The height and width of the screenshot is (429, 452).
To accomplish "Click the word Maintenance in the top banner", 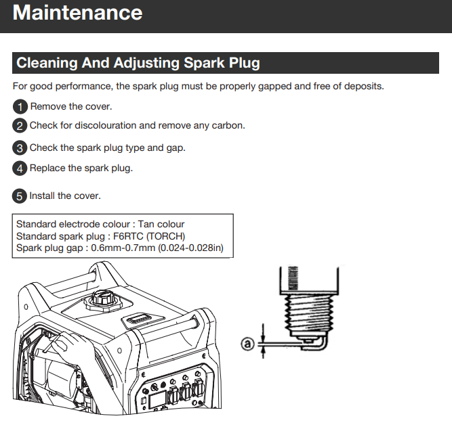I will tap(77, 13).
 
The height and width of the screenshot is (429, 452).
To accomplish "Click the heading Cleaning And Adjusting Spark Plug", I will tap(138, 64).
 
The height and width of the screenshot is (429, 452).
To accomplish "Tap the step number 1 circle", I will tap(20, 107).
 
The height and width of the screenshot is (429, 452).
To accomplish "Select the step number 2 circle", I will tap(20, 126).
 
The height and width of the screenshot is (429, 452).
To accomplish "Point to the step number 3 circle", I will tap(20, 148).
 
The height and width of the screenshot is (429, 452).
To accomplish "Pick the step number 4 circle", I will tap(20, 168).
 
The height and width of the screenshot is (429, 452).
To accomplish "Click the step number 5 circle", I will tap(20, 196).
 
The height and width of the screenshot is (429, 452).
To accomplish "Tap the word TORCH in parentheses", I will tap(167, 236).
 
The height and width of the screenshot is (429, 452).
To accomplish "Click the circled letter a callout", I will tap(247, 344).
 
